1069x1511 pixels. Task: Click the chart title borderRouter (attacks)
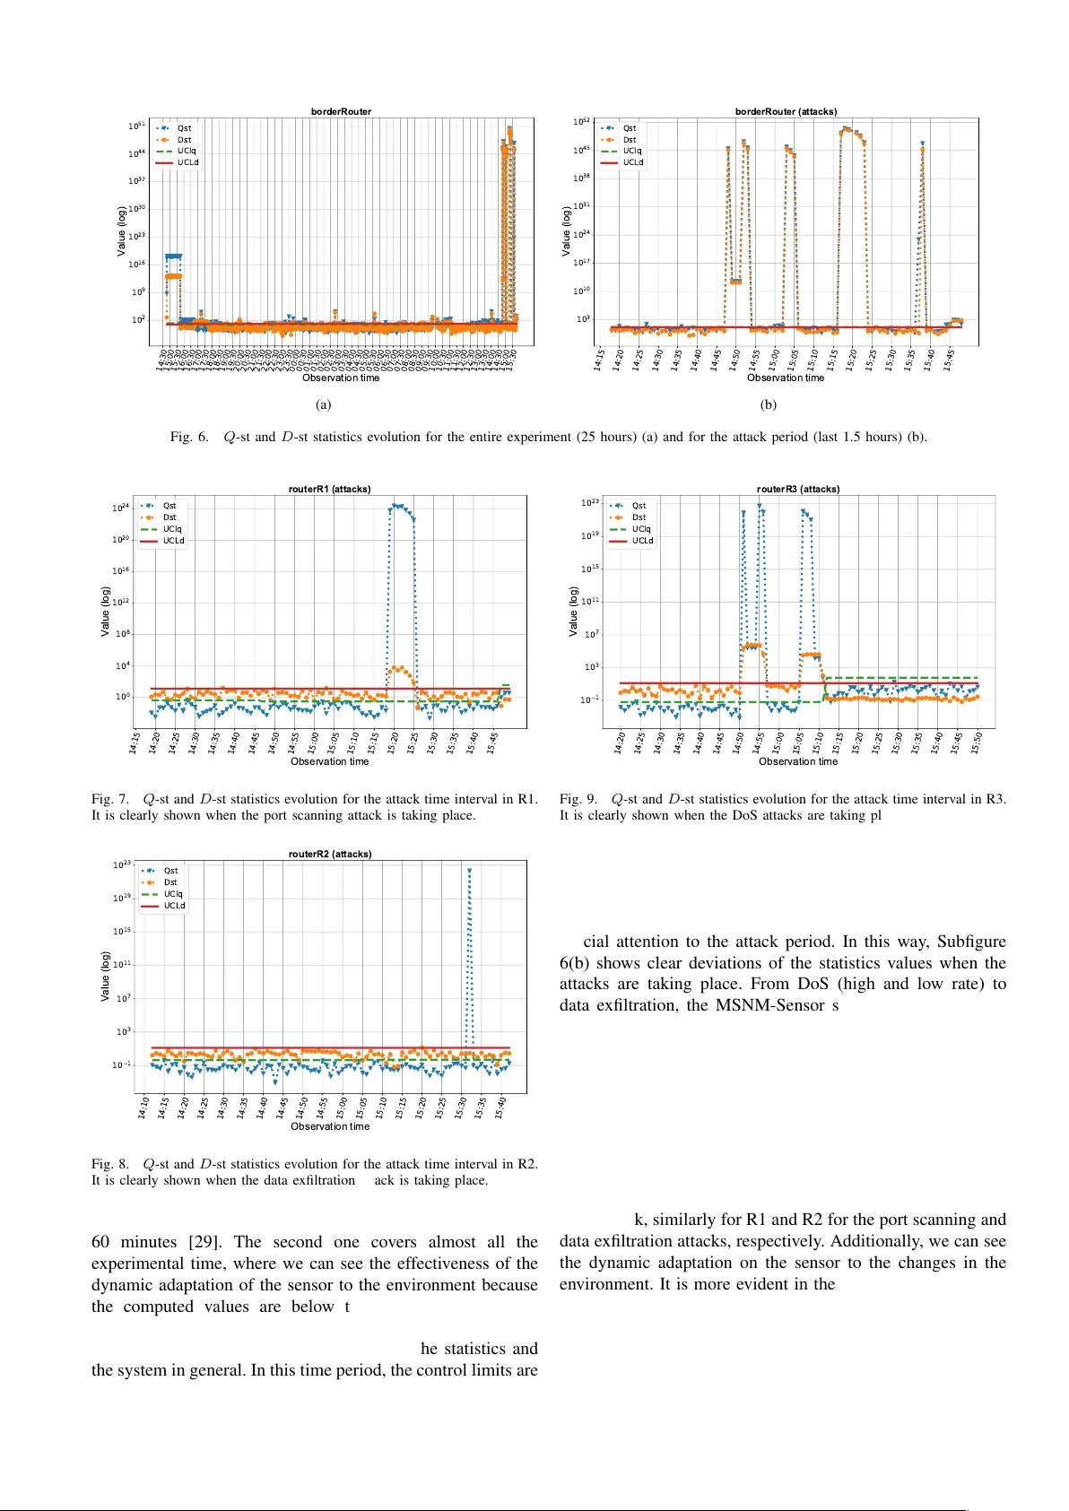point(786,112)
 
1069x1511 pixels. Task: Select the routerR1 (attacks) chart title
point(329,490)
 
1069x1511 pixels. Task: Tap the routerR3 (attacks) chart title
point(797,490)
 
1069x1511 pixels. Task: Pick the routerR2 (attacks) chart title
point(329,855)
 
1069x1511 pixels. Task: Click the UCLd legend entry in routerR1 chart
point(173,541)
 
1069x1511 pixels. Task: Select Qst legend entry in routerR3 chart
point(639,506)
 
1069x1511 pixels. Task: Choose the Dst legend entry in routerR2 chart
point(170,882)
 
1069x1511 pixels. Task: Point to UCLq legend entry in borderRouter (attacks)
point(632,151)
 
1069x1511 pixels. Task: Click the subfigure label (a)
point(323,404)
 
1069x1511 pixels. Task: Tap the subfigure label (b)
point(768,404)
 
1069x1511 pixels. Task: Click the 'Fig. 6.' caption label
point(189,438)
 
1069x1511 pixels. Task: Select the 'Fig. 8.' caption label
point(110,1165)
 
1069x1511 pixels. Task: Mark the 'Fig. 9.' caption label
point(578,799)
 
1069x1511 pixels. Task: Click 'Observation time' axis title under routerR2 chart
point(329,1126)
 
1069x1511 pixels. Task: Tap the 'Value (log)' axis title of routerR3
point(574,612)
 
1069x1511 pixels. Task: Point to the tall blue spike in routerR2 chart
point(469,951)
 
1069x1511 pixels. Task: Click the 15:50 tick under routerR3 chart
point(977,743)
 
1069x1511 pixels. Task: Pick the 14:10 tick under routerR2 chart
point(143,1108)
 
